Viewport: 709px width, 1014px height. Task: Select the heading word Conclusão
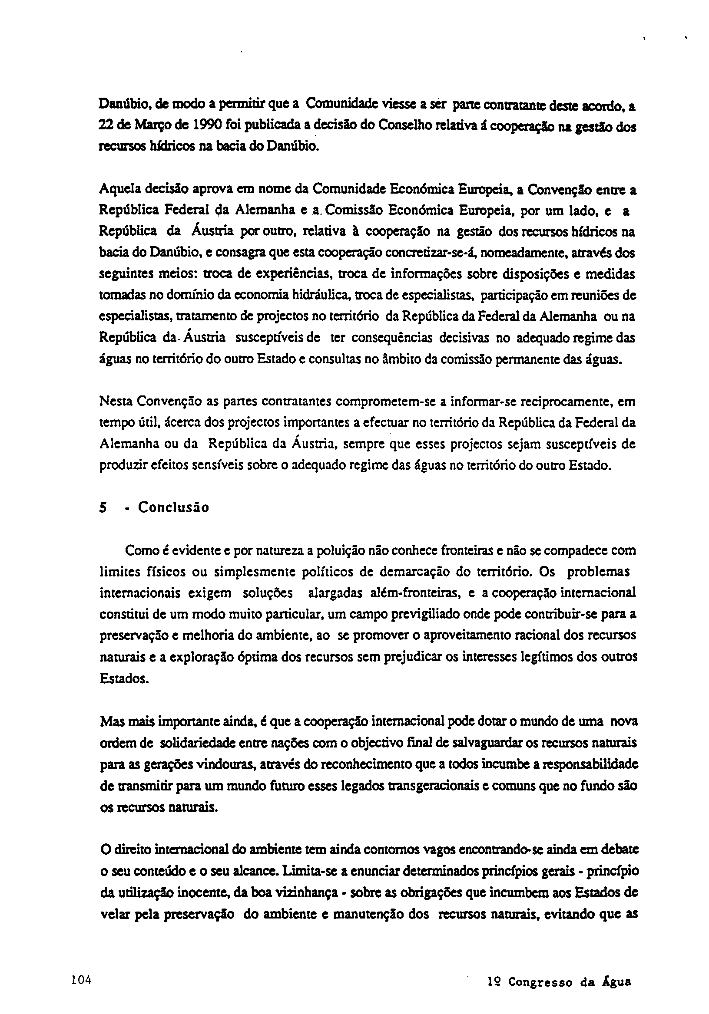[173, 507]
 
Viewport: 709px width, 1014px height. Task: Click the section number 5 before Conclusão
[103, 508]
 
